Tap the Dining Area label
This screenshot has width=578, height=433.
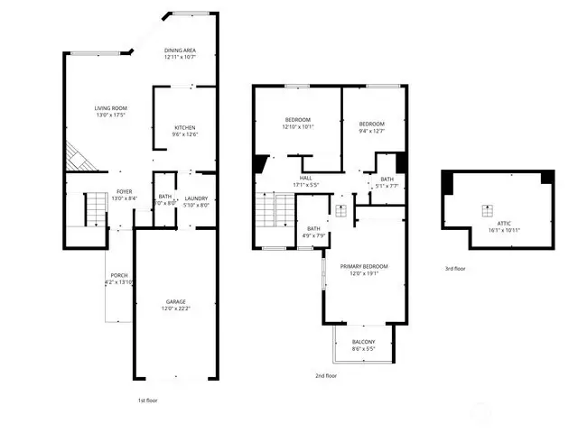click(x=181, y=51)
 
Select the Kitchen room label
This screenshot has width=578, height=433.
click(x=185, y=128)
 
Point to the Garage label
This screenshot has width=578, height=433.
click(x=175, y=301)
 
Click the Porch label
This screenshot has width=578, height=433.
click(x=118, y=275)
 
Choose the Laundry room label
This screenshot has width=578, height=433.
click(x=196, y=198)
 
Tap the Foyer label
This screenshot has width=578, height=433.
click(x=124, y=192)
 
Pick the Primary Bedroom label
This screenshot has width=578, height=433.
click(x=364, y=266)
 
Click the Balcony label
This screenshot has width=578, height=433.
click(x=363, y=341)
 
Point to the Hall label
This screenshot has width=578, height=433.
click(x=305, y=179)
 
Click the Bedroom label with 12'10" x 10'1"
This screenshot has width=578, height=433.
click(x=298, y=120)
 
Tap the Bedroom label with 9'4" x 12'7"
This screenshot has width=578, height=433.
click(x=371, y=124)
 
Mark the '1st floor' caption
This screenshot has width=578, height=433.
click(x=149, y=399)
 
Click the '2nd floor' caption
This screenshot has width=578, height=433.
click(x=326, y=375)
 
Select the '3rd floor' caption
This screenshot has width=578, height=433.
click(x=455, y=268)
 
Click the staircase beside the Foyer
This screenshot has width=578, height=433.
click(x=96, y=210)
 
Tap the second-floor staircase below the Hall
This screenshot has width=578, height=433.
click(x=266, y=215)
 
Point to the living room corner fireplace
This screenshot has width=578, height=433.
click(x=78, y=161)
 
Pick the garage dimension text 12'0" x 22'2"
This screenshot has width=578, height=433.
click(x=175, y=309)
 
